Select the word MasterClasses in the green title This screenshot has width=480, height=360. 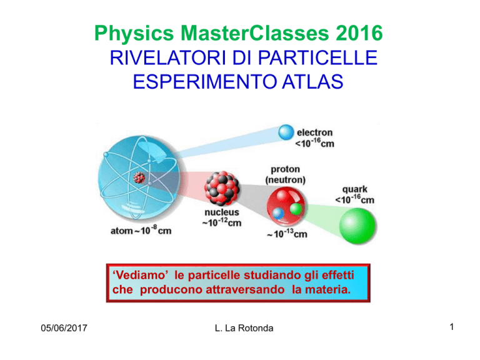pyautogui.click(x=255, y=32)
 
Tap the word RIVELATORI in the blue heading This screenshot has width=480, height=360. pyautogui.click(x=165, y=57)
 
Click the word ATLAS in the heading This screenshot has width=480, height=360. pyautogui.click(x=312, y=82)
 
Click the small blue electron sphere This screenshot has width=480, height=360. pyautogui.click(x=286, y=132)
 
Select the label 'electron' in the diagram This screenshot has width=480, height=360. pyautogui.click(x=315, y=132)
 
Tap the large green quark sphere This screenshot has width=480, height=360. pyautogui.click(x=357, y=226)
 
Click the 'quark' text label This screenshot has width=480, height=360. pyautogui.click(x=355, y=189)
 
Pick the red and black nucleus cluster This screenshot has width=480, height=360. pyautogui.click(x=222, y=188)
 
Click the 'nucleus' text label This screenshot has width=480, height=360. pyautogui.click(x=222, y=212)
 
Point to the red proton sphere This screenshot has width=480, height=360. pyautogui.click(x=286, y=206)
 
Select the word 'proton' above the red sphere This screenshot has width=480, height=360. pyautogui.click(x=285, y=169)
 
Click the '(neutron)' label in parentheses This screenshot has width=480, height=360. pyautogui.click(x=285, y=180)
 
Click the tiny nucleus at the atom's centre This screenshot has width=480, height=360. pyautogui.click(x=139, y=177)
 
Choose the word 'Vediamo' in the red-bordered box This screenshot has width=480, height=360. pyautogui.click(x=141, y=275)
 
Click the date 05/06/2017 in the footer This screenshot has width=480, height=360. pyautogui.click(x=64, y=328)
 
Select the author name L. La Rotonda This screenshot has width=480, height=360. pyautogui.click(x=244, y=328)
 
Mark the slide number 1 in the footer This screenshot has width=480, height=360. pyautogui.click(x=451, y=327)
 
